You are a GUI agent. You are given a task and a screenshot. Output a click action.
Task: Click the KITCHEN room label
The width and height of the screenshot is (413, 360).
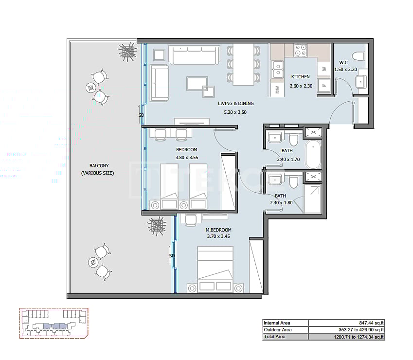(x=300, y=77)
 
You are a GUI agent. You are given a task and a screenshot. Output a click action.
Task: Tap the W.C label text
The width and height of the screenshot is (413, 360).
(x=343, y=62)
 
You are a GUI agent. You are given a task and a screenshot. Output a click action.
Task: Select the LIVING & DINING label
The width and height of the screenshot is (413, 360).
(x=235, y=103)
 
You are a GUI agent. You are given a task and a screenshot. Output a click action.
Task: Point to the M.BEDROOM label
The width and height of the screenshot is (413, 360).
(x=218, y=230)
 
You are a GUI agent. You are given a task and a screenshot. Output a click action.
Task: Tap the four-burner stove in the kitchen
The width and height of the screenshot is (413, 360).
(x=301, y=50)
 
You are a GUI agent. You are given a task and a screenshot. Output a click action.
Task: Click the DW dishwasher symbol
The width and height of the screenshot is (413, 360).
(x=277, y=89)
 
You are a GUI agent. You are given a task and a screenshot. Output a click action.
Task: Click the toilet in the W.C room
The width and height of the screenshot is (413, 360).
(x=359, y=54)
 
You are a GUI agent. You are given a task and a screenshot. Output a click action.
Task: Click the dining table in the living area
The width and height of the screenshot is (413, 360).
(x=244, y=64)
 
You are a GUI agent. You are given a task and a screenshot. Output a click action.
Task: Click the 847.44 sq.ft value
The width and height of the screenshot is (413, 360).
(x=347, y=323)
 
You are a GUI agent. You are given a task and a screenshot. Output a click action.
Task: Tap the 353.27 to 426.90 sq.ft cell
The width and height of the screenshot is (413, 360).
(x=347, y=329)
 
